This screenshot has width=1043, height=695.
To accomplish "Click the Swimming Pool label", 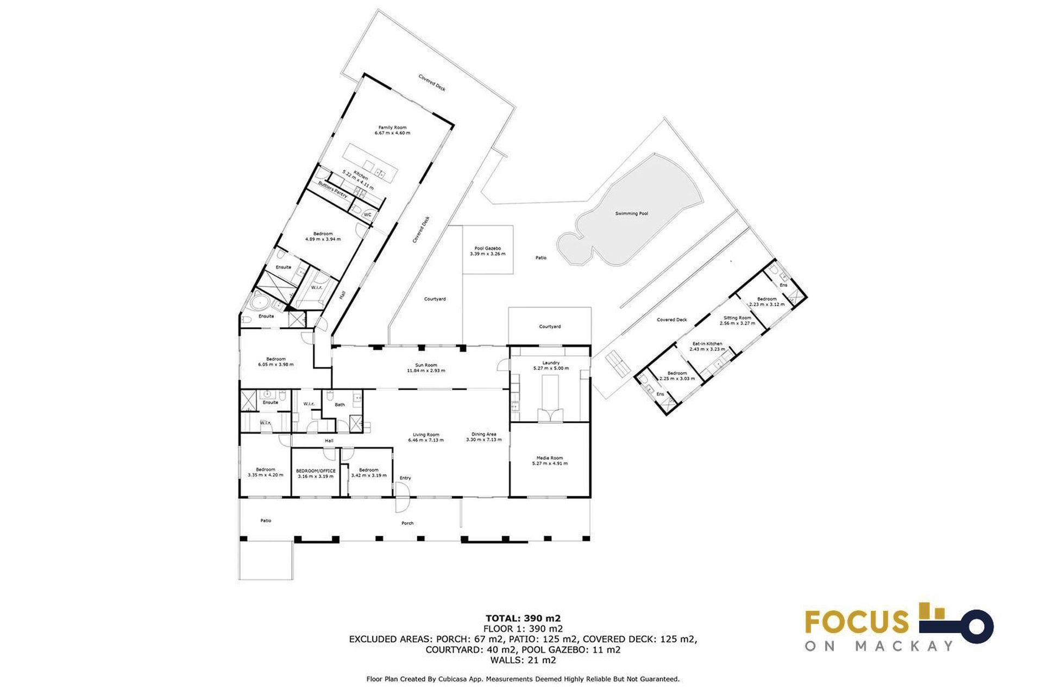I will click(x=631, y=214).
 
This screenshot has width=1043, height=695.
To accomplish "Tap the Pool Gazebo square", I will click(x=487, y=251).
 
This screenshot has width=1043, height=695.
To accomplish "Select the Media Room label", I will click(x=549, y=458).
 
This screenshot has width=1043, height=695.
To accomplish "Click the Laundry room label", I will click(x=550, y=362).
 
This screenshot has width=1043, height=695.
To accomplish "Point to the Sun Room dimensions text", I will click(x=426, y=371).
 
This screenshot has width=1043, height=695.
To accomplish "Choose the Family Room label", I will click(x=392, y=127).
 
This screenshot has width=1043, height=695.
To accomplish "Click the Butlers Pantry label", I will click(x=332, y=190).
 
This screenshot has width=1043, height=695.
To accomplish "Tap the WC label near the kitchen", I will click(x=367, y=215).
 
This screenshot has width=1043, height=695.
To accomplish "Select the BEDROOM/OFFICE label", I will click(x=316, y=471).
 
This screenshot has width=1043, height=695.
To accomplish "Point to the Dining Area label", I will click(x=483, y=434).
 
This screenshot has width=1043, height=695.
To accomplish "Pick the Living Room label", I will click(x=426, y=435).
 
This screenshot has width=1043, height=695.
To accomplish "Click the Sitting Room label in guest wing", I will click(x=737, y=318).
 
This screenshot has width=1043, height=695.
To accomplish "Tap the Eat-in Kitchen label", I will click(x=707, y=344).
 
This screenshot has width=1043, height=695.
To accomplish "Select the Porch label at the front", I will click(x=407, y=523).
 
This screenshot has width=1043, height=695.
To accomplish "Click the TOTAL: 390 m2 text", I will click(x=523, y=618).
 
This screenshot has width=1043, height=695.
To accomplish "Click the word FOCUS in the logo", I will click(x=857, y=622).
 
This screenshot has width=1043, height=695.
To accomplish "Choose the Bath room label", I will click(x=340, y=404).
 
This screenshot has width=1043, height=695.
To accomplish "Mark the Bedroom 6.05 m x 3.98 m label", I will click(x=276, y=361).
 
